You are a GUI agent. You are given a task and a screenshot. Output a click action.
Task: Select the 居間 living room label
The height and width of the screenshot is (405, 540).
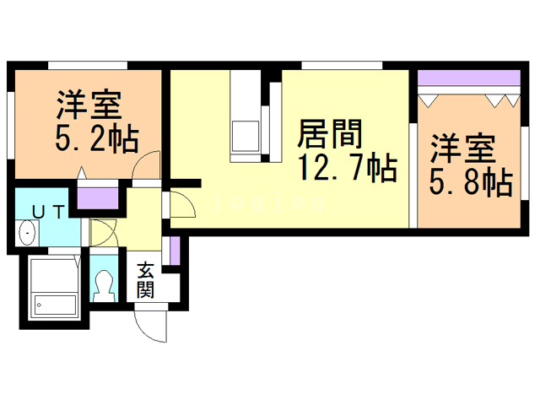pos(331,133)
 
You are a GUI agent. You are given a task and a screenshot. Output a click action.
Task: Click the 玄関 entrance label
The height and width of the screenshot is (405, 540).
pos(145,281)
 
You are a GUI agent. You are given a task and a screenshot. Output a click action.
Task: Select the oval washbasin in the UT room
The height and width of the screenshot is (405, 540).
pos(28,231)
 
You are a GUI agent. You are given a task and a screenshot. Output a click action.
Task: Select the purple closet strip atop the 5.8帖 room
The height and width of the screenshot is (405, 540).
pos(467,81)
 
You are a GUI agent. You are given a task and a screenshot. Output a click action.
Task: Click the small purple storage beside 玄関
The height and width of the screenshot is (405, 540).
pos(175,251)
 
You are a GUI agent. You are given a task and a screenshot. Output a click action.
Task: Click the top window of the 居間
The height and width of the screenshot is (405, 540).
pos(341,65)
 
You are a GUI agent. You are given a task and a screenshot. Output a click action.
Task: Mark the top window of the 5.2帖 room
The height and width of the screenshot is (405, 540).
pos(88,65)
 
